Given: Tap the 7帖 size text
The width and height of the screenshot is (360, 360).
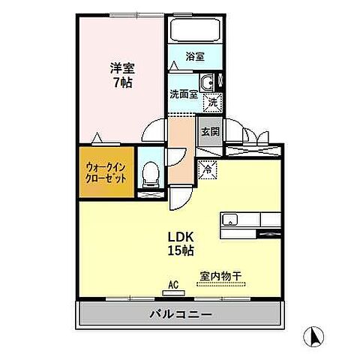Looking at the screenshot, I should pyautogui.click(x=121, y=83).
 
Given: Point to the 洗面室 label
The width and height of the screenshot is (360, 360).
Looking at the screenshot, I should pyautogui.click(x=182, y=95).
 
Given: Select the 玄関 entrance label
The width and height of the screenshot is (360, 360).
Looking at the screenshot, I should pyautogui.click(x=209, y=130).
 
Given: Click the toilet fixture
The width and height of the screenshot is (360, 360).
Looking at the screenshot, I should pyautogui.click(x=151, y=175).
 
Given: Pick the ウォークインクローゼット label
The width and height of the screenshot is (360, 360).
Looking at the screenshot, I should pyautogui.click(x=105, y=175).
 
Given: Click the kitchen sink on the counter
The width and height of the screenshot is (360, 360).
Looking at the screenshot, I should pyautogui.click(x=229, y=220).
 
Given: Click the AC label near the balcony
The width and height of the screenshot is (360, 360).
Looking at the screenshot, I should pyautogui.click(x=172, y=284).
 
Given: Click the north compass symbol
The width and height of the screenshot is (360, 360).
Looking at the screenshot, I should pyautogui.click(x=314, y=335).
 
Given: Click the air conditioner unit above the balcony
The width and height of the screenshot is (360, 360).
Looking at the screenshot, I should pyautogui.click(x=172, y=294).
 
